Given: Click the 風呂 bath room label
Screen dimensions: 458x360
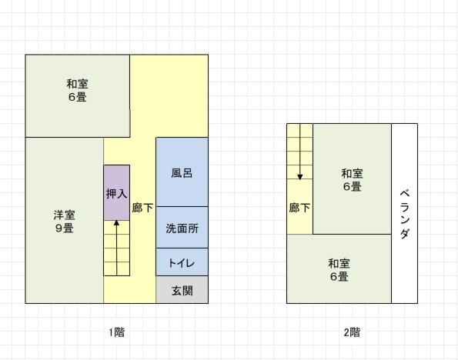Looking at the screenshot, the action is tap(182, 173).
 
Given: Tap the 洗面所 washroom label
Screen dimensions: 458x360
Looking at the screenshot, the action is tap(182, 228).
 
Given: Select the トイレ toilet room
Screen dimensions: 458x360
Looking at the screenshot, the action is tap(182, 262).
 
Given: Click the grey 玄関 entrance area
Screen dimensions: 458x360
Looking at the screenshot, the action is tap(182, 290).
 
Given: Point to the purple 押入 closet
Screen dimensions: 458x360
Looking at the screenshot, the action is tap(116, 193).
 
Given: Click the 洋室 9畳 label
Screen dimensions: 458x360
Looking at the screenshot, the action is tap(64, 222).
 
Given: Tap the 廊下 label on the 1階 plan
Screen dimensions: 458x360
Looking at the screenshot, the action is tap(142, 208).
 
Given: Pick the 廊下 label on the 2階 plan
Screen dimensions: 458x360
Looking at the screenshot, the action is tap(299, 208).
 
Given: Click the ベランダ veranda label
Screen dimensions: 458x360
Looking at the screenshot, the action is tap(405, 214).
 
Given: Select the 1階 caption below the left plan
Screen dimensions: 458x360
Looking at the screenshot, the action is tap(117, 332).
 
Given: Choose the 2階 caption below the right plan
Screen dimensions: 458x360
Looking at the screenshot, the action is tap(352, 332).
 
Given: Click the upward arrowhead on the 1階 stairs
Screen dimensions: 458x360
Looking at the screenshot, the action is tap(116, 223).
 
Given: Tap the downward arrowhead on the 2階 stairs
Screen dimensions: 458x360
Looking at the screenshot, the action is tap(299, 177).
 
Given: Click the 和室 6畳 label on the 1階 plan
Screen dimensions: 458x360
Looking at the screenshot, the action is tap(78, 90).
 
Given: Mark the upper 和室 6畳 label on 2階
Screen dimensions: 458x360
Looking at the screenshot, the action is tap(353, 180).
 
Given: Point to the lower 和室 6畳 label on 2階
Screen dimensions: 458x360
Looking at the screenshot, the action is tap(339, 270).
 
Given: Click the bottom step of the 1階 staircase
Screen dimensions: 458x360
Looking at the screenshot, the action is tap(117, 269).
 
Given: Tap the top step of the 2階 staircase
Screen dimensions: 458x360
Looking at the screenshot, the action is tap(299, 131).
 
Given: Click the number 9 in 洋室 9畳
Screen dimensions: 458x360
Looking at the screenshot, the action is tap(59, 228).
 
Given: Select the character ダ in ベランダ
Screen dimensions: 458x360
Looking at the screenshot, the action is tap(405, 234).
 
